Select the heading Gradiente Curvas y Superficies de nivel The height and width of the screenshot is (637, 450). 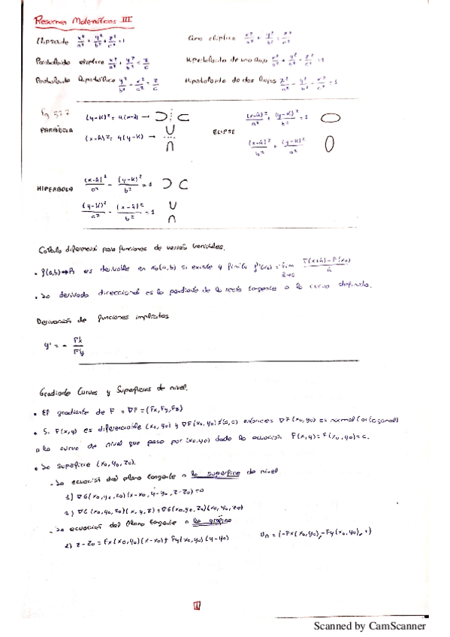point(110,389)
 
